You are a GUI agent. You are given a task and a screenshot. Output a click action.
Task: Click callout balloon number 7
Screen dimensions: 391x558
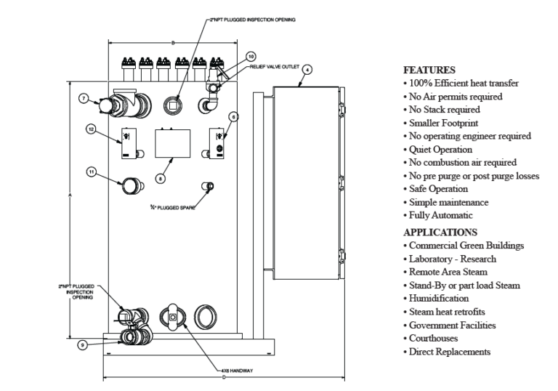(84, 97)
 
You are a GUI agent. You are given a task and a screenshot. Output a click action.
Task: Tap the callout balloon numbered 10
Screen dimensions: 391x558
(251, 56)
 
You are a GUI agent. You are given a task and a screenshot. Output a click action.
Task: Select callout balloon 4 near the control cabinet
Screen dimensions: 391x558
(307, 70)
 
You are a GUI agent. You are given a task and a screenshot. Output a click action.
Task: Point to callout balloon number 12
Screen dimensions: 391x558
(92, 129)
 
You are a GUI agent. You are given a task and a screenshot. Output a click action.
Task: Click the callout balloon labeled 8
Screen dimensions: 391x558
(161, 177)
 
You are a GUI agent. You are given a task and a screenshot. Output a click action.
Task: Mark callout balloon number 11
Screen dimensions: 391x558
(92, 172)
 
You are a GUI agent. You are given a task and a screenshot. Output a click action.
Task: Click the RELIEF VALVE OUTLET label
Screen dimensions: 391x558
(274, 65)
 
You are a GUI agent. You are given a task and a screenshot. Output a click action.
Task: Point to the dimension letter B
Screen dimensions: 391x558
(172, 44)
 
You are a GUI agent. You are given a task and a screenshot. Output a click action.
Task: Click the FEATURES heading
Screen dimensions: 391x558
(429, 70)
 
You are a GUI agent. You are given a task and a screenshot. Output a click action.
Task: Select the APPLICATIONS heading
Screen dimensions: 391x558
(440, 233)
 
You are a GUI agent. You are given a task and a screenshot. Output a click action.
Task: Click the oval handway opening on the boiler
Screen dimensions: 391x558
(172, 318)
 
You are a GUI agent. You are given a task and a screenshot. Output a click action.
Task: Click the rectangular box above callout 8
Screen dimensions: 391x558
(171, 142)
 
